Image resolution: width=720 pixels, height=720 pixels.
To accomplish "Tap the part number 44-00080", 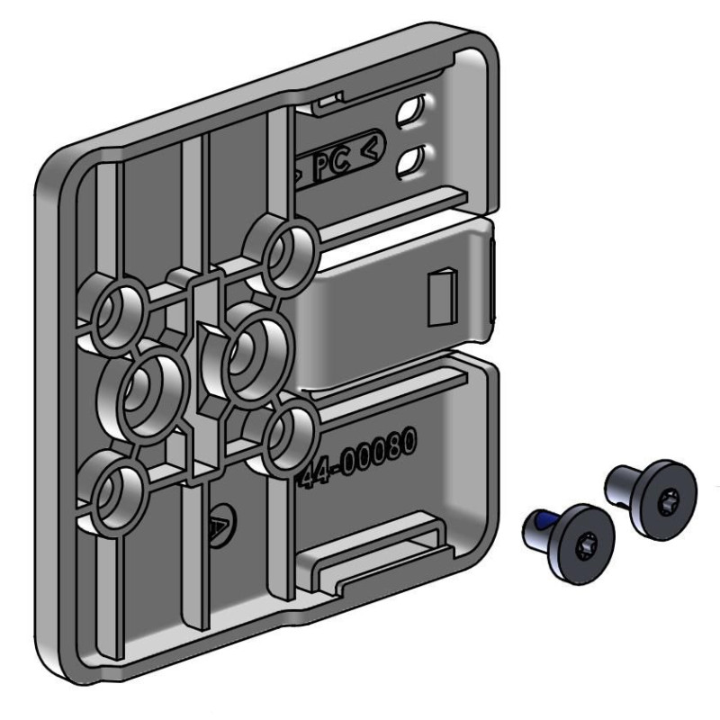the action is (358, 456).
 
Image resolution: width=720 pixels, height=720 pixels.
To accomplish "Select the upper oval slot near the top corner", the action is (411, 109).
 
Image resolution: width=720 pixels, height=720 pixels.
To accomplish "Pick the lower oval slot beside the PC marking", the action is (410, 160).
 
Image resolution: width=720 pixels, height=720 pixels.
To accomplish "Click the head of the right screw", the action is (664, 499).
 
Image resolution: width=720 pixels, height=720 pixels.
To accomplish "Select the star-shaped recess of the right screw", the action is (665, 499).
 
